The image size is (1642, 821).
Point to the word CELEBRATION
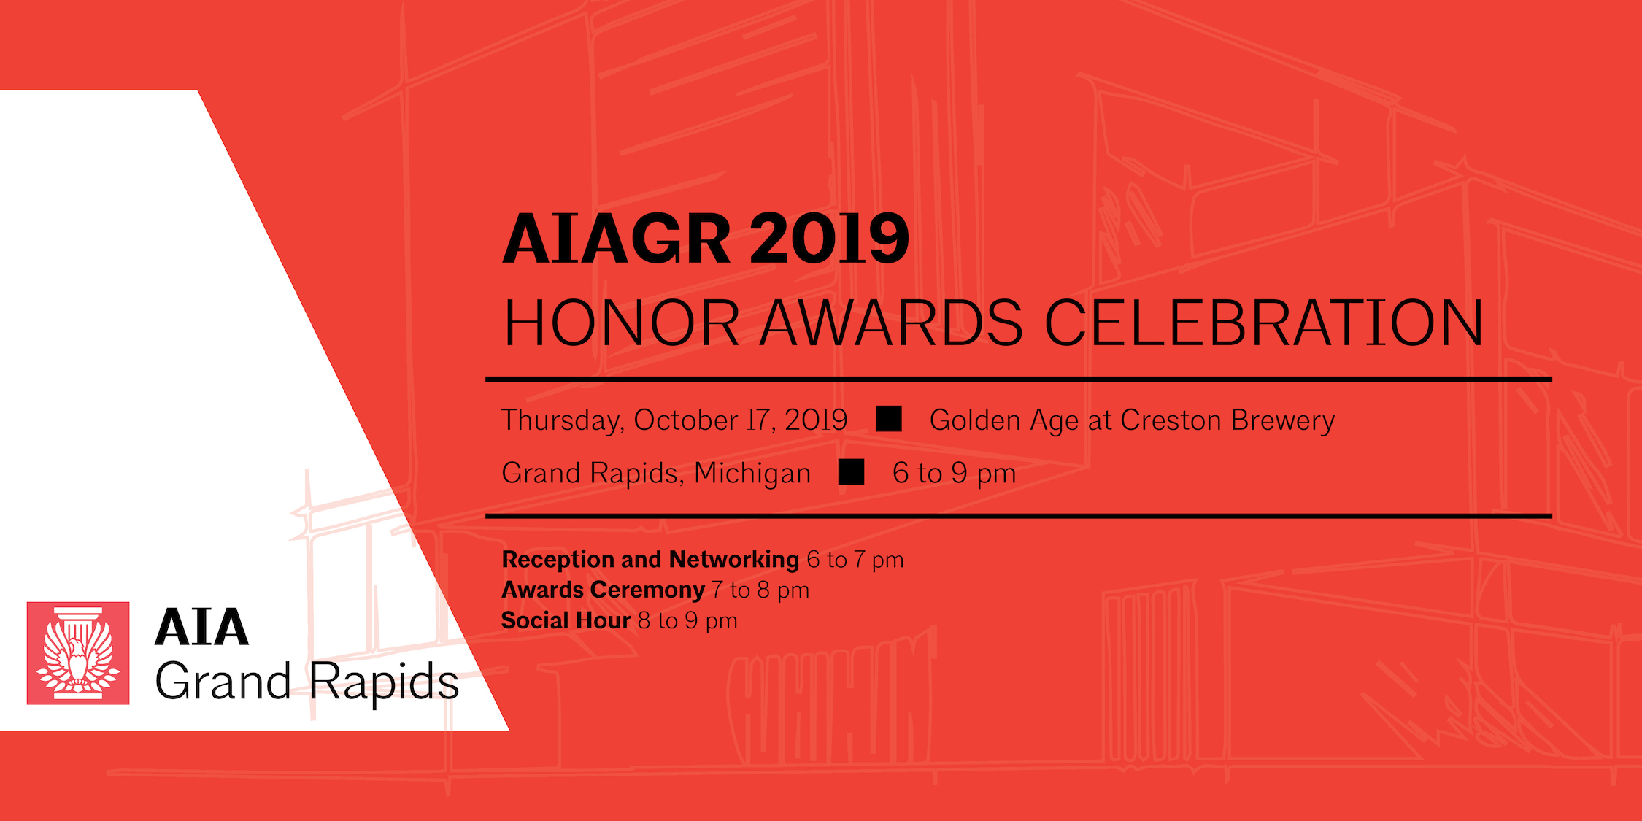[x=1264, y=323]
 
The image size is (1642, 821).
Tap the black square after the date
[x=889, y=419]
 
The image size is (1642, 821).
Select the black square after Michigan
[x=852, y=472]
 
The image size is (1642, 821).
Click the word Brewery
[x=1283, y=421]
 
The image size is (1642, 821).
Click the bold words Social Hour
[x=566, y=620]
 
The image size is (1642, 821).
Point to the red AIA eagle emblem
[x=78, y=653]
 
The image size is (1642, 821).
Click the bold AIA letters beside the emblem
[x=202, y=628]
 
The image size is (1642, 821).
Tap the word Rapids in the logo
[x=384, y=683]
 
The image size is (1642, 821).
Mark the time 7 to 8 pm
[x=760, y=590]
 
